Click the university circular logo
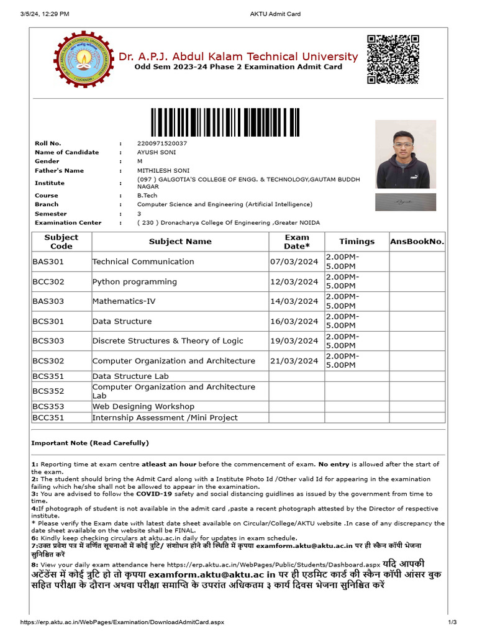click(x=81, y=60)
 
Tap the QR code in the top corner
click(x=393, y=59)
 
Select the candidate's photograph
click(x=406, y=155)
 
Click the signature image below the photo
click(x=406, y=202)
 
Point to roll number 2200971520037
click(x=162, y=143)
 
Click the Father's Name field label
click(x=59, y=171)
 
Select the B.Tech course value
click(x=148, y=195)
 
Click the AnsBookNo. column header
click(x=417, y=242)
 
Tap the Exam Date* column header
click(x=297, y=242)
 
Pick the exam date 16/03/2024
click(x=294, y=322)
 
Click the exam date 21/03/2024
click(x=294, y=361)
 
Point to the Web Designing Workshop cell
click(x=143, y=407)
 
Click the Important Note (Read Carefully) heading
click(x=90, y=443)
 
